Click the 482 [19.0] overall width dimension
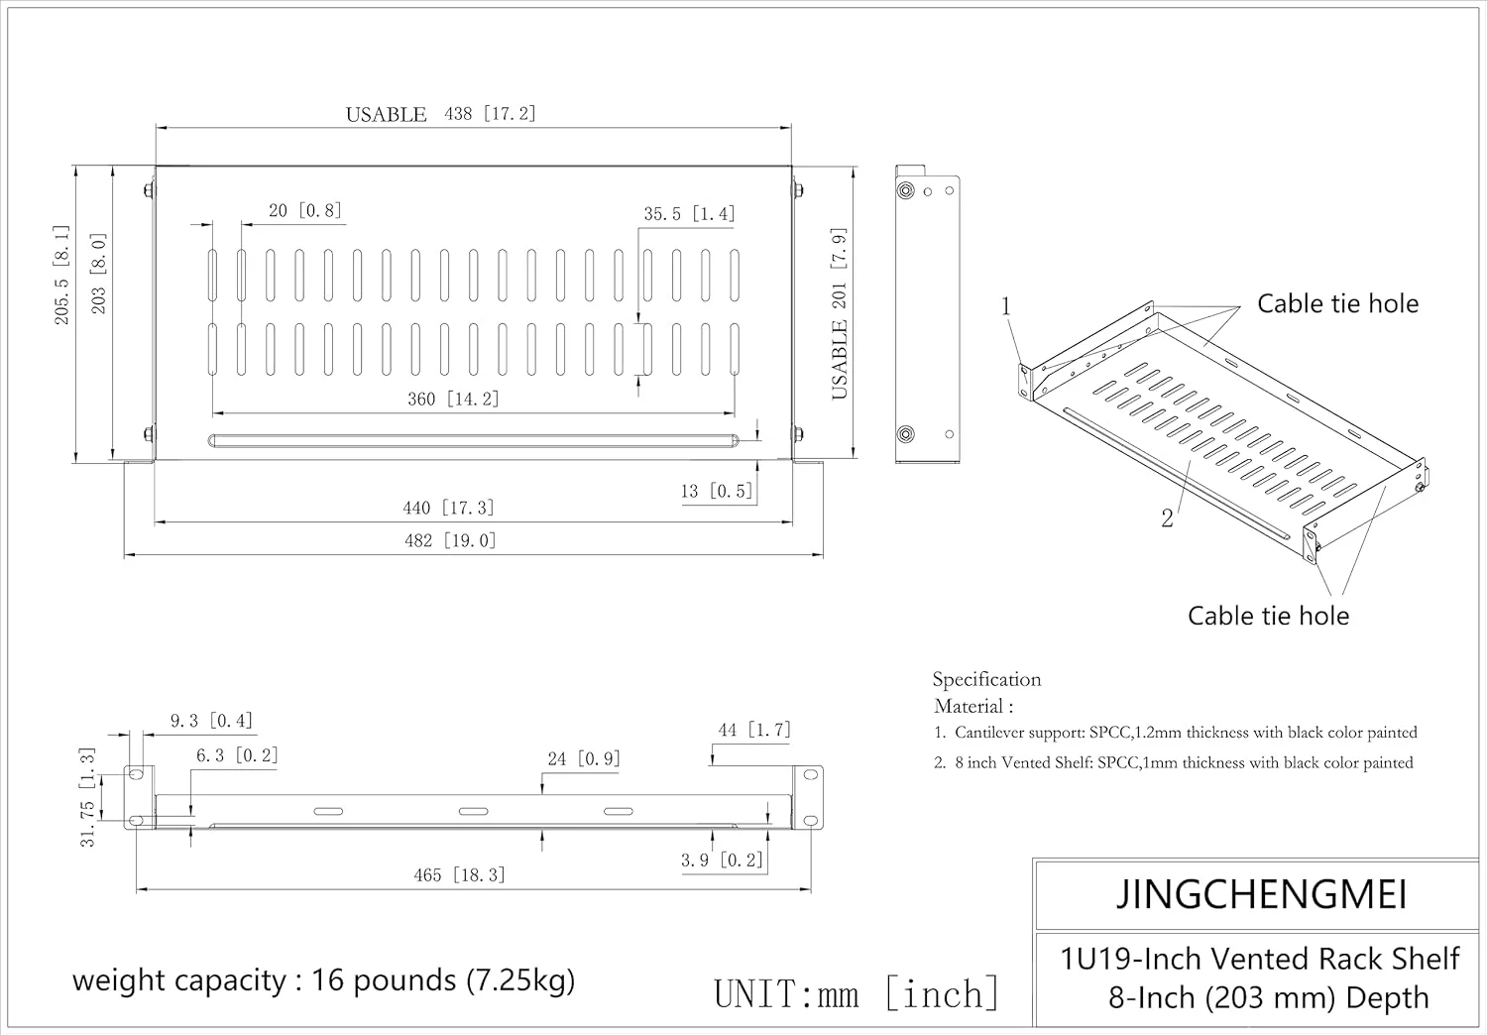coord(450,540)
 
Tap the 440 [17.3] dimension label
coord(448,508)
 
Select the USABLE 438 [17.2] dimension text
coord(440,114)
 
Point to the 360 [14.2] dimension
coord(453,399)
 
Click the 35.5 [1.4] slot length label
coord(689,214)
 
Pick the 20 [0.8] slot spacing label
coord(304,210)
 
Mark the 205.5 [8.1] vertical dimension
coord(61,275)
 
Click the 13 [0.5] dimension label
coord(717,492)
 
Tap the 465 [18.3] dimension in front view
coord(459,875)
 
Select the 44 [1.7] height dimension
coord(754,731)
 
